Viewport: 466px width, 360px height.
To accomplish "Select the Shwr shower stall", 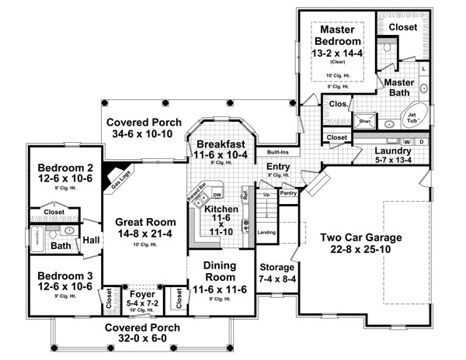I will pos(364,121).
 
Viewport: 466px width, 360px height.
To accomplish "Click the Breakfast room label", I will pos(221,144).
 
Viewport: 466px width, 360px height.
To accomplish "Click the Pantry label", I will pos(288,192).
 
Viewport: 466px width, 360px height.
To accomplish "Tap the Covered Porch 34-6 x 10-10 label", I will pos(144,123).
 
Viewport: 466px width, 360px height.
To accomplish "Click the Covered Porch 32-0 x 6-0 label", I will pos(144,327).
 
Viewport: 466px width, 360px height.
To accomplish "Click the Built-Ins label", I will pos(279,151).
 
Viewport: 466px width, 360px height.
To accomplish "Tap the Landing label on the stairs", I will pos(266,231).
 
